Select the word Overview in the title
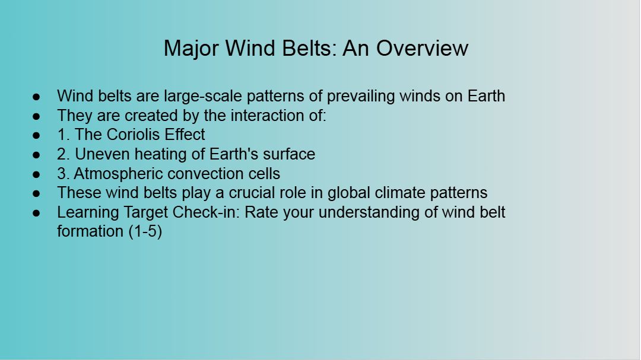tap(422, 48)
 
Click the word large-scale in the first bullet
tap(203, 97)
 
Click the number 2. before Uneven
tap(64, 154)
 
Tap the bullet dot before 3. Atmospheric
tap(36, 174)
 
